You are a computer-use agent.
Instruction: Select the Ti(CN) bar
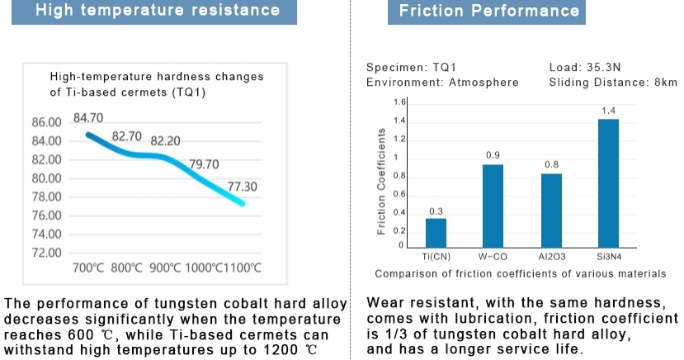click(436, 232)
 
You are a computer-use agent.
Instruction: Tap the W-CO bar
click(493, 206)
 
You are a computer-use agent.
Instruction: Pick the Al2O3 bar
click(551, 210)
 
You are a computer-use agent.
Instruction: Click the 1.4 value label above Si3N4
click(608, 111)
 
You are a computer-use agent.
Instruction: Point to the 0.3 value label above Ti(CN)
click(436, 211)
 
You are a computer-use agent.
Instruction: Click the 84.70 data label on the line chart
click(88, 118)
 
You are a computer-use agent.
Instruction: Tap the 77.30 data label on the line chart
click(243, 187)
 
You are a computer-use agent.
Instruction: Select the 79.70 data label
click(204, 164)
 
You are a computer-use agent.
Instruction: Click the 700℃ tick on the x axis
click(89, 268)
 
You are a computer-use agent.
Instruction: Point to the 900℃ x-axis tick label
click(165, 268)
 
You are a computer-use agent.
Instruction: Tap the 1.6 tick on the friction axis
click(400, 102)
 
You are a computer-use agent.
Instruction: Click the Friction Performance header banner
click(489, 12)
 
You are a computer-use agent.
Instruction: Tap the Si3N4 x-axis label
click(608, 257)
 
